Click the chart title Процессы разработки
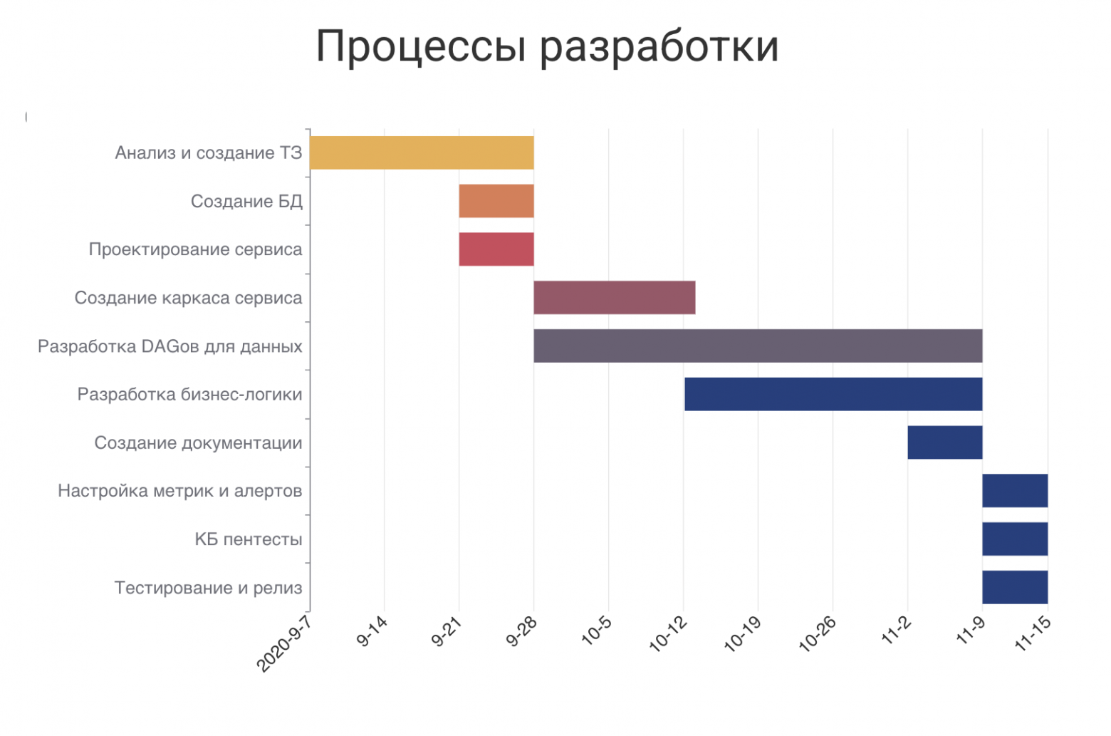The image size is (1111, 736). coord(547,47)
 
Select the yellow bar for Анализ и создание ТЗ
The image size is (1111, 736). coord(422,152)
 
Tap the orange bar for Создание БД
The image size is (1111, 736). coord(496,201)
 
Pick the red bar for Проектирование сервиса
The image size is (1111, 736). coord(496,249)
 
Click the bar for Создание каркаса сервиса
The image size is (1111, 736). coord(614,298)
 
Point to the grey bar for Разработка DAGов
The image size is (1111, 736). coord(758,346)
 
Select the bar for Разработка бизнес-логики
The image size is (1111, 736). coord(833,394)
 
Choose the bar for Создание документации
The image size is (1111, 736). coord(944,442)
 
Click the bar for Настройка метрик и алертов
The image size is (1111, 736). coord(1015,491)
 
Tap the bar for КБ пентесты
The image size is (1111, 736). coord(1015,539)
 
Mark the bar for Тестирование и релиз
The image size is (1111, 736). coord(1015,587)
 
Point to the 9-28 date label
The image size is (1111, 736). coord(522,632)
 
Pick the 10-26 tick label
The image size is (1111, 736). coord(818,634)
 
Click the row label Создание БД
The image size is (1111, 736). coord(246,202)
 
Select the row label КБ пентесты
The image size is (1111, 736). coord(249,539)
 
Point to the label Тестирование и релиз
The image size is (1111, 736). coord(208,588)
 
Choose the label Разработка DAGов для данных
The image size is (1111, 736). coord(169,347)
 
